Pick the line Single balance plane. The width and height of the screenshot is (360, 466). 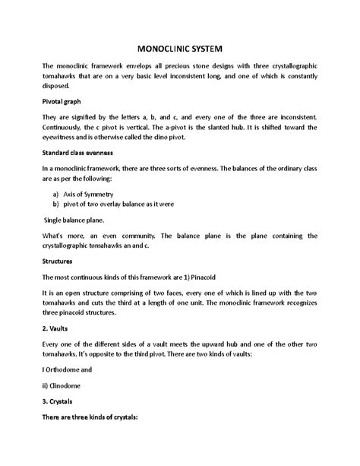(x=78, y=220)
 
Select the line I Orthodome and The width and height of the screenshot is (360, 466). (x=68, y=390)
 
